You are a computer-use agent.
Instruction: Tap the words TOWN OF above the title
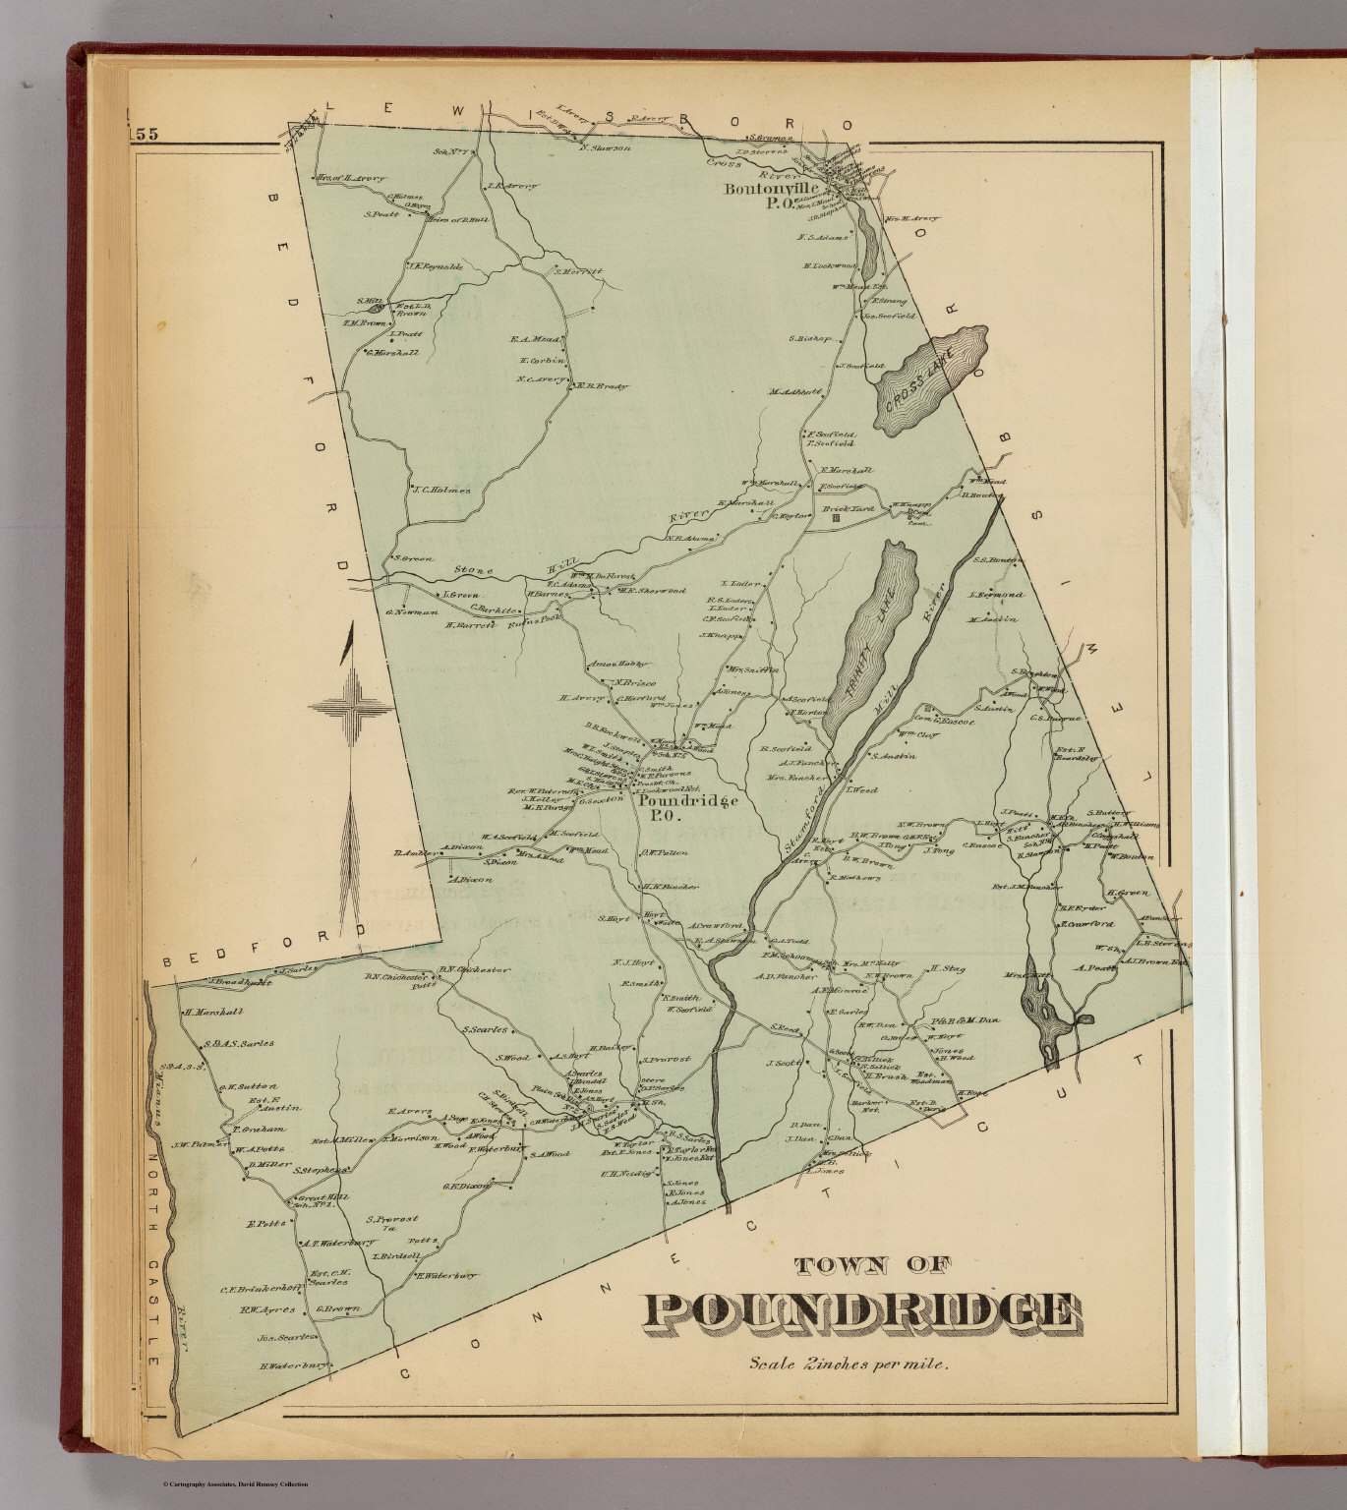click(869, 1266)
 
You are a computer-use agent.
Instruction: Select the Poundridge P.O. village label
click(687, 808)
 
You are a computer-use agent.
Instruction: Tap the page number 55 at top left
click(145, 136)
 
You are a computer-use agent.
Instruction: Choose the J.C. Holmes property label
click(441, 490)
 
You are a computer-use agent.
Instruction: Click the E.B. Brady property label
click(602, 386)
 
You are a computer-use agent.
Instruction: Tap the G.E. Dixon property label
click(466, 1186)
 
